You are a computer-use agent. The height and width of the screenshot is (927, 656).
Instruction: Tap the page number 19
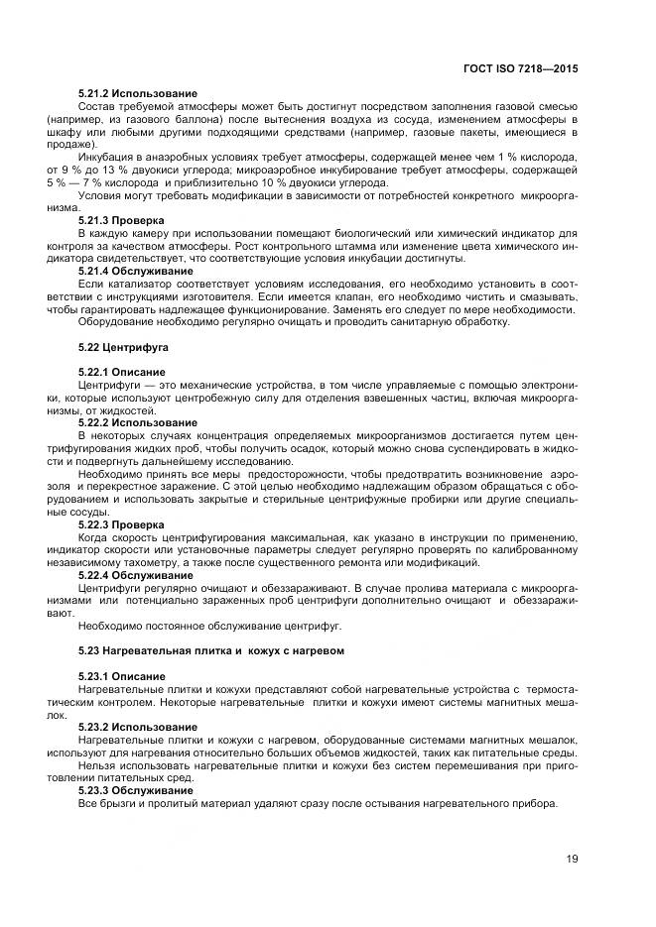coord(572,859)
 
